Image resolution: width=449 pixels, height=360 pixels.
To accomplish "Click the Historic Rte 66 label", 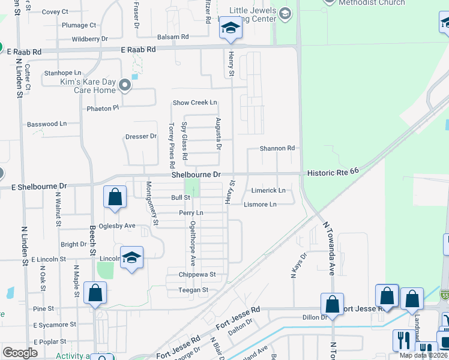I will [333, 172].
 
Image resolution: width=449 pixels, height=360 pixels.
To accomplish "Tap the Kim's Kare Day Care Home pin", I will [125, 85].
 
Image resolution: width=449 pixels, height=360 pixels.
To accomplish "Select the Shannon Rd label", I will [277, 148].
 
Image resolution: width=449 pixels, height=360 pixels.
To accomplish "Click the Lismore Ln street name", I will [260, 205].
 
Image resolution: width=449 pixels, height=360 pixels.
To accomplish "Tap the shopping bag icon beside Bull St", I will [115, 197].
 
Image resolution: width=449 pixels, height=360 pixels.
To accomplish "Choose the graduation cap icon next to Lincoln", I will [131, 258].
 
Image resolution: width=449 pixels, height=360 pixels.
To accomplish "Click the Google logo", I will [20, 353].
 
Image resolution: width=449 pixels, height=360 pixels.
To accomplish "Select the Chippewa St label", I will [196, 275].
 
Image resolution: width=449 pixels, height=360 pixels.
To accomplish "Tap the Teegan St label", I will [193, 290].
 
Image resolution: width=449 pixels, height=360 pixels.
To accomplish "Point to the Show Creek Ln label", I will [194, 103].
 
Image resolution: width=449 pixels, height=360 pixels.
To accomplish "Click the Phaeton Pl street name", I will [103, 109].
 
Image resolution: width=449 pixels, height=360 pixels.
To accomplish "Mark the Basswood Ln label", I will [47, 124].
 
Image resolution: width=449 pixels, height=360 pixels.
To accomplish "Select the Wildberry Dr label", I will [89, 39].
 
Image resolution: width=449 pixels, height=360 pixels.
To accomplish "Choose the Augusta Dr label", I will [219, 134].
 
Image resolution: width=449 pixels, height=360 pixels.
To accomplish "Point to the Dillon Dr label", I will [313, 317].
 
